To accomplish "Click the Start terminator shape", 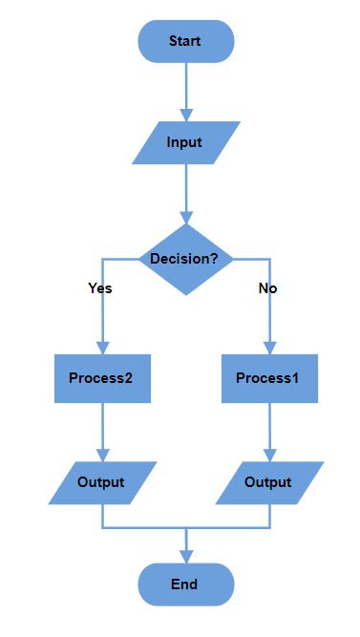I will click(x=185, y=41).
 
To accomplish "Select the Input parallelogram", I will click(x=185, y=142).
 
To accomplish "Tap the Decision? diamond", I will click(x=185, y=259).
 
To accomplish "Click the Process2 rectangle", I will click(x=101, y=377).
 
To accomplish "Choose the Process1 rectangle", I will click(x=269, y=377).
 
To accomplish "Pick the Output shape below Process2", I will click(x=101, y=482).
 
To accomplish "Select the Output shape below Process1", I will click(x=269, y=482).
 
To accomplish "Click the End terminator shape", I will click(x=185, y=584).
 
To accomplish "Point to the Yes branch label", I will click(x=99, y=287).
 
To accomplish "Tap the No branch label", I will click(x=268, y=287).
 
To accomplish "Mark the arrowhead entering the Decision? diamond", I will click(x=185, y=218).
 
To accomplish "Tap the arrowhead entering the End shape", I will click(x=185, y=557).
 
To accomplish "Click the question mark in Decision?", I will click(x=215, y=259).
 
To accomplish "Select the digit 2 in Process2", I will click(x=128, y=377).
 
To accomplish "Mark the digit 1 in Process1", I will click(x=295, y=377).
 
